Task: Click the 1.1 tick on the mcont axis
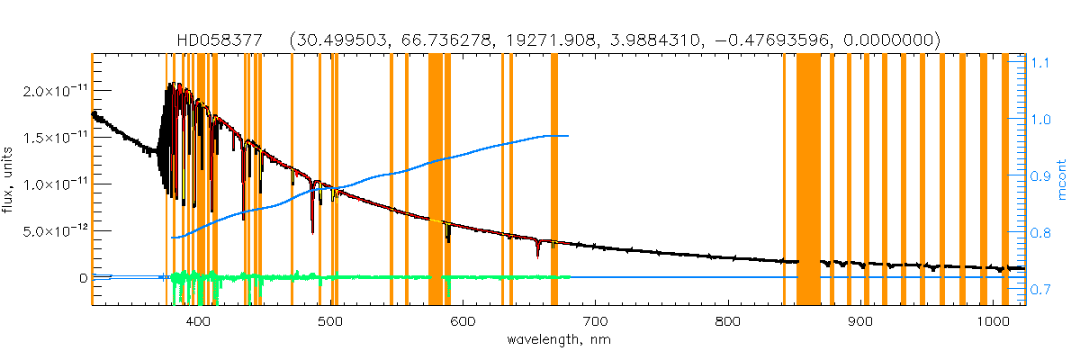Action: pos(1039,63)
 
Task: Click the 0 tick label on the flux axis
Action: pos(83,278)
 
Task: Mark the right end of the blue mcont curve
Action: pos(568,136)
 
